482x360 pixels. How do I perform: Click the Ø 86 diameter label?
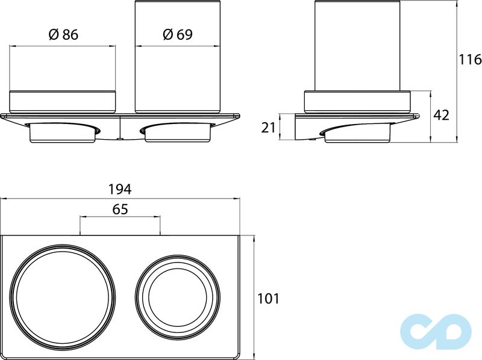pos(63,34)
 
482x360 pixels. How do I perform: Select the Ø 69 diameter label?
pos(178,34)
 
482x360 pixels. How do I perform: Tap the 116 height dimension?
pos(470,59)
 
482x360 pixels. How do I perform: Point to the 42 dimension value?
pos(442,115)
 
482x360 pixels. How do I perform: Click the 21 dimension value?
pos(268,128)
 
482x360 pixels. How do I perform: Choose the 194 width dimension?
pos(120,189)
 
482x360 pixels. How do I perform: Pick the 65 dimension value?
pos(120,209)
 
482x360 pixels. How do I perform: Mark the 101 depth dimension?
pos(268,298)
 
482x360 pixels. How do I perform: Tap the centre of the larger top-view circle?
pos(63,297)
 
